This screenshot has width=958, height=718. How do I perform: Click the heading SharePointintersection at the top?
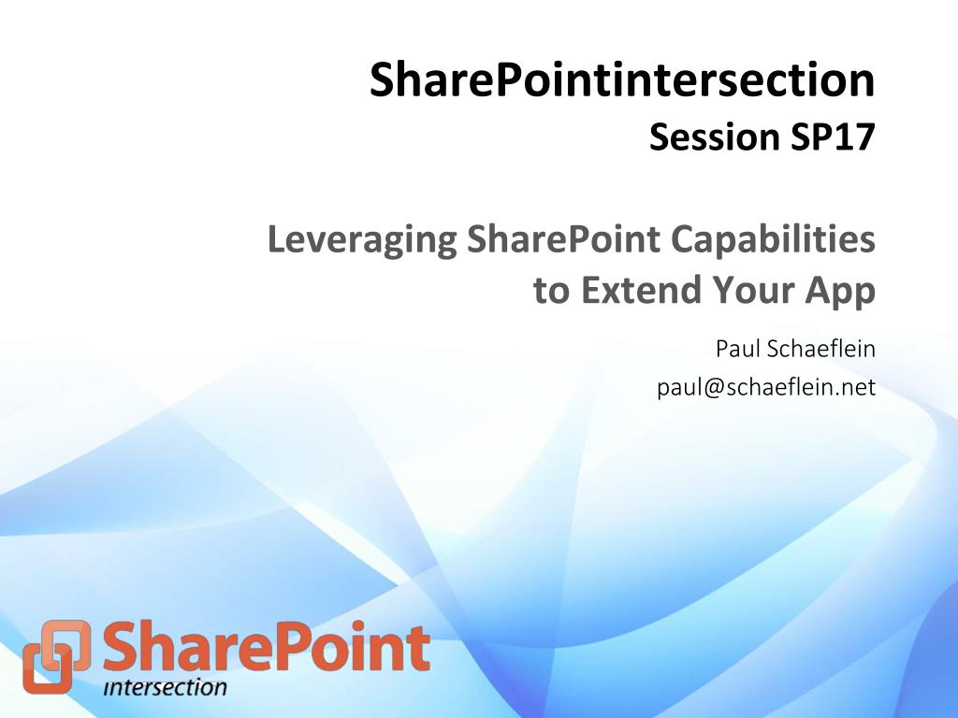[622, 79]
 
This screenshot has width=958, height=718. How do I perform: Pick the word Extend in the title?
[641, 290]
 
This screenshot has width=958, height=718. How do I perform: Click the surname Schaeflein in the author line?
[820, 349]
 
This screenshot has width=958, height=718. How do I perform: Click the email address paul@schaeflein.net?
[766, 387]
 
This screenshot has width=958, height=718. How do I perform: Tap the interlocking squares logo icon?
[57, 656]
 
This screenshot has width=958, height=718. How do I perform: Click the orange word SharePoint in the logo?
[267, 646]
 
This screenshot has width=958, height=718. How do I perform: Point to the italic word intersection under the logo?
[165, 687]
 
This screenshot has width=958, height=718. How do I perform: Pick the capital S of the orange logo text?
[122, 646]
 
